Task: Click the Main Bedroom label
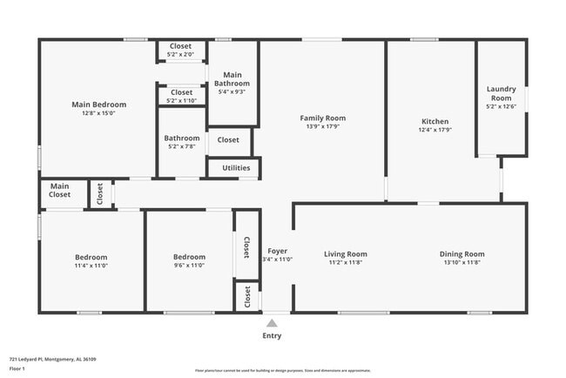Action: click(x=98, y=105)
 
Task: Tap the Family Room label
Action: click(x=322, y=118)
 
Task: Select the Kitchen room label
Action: click(x=435, y=121)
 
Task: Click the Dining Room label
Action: click(x=462, y=253)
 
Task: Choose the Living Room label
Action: click(x=345, y=253)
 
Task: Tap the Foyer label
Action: click(x=278, y=251)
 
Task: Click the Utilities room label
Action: click(x=236, y=168)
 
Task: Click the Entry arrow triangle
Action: click(x=273, y=322)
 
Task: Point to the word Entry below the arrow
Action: click(x=273, y=335)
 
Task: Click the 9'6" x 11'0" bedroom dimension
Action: click(x=189, y=267)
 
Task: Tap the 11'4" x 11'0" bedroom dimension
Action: click(x=91, y=267)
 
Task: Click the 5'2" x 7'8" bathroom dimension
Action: click(x=182, y=146)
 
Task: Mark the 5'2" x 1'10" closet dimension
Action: click(x=181, y=100)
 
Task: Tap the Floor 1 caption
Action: click(x=17, y=368)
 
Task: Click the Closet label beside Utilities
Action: click(x=228, y=139)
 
